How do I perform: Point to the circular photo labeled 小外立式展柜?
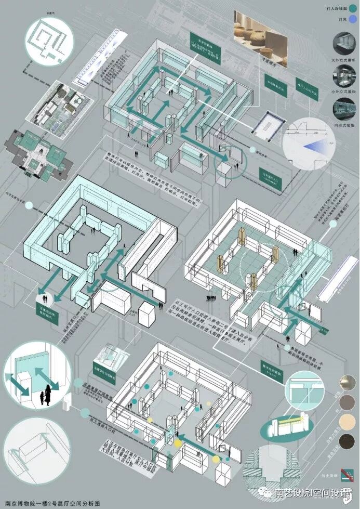tap(343, 79)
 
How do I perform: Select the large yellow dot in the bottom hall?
tap(178, 443)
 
